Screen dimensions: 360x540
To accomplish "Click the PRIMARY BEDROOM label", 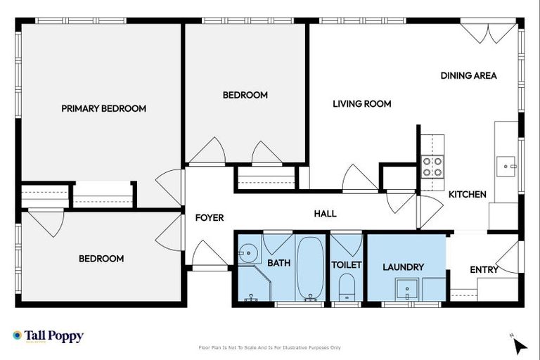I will click(103, 108).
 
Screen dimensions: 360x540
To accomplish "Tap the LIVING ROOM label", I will click(361, 104).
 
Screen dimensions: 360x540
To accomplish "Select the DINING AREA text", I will click(468, 75).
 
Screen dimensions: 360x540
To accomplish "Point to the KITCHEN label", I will click(468, 194).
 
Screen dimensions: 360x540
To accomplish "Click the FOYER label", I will click(209, 218).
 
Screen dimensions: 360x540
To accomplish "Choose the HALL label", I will click(325, 214).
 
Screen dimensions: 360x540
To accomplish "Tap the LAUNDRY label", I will click(403, 267).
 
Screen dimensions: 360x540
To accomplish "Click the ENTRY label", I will click(484, 269).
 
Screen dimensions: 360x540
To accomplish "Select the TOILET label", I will click(346, 265).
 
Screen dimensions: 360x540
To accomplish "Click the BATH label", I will click(278, 263).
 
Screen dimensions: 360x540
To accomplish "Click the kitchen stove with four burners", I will click(432, 167).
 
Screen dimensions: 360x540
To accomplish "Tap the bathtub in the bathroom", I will click(310, 269).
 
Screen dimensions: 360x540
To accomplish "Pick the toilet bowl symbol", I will click(346, 287).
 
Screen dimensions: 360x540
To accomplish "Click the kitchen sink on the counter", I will click(506, 167).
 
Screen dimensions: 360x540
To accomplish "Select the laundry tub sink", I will click(406, 288).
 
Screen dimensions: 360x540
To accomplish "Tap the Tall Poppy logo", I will click(48, 336).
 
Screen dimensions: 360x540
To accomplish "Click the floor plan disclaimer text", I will click(270, 347).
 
